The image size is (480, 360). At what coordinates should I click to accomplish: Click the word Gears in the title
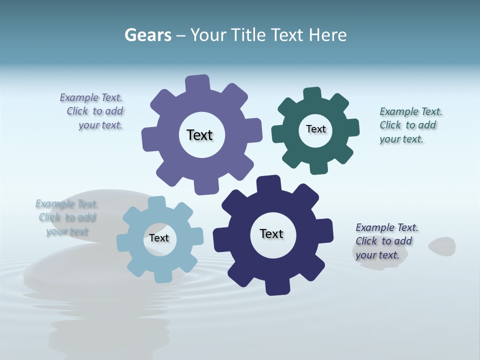tap(147, 35)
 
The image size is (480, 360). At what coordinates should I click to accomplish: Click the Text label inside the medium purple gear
tap(199, 135)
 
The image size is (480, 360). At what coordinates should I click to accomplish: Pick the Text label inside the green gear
tap(315, 129)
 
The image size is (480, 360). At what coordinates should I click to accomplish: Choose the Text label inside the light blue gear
tap(159, 238)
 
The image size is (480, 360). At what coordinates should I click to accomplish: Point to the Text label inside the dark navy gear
tap(271, 234)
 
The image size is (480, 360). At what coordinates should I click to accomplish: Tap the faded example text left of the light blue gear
tap(67, 217)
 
